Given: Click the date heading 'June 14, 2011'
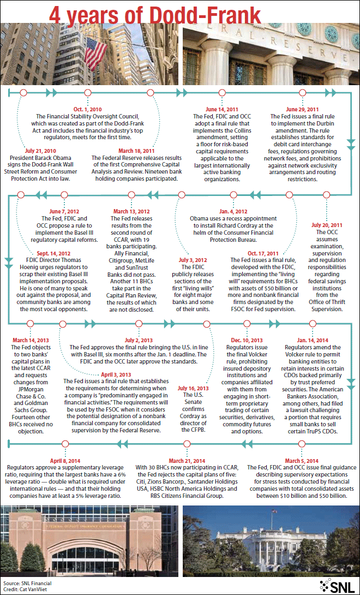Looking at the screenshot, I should click(220, 109).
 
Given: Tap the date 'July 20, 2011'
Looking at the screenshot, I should click(327, 225).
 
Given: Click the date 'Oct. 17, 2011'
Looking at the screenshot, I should click(263, 253).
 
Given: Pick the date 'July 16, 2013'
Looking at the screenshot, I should click(195, 388).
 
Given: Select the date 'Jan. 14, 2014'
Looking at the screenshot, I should click(312, 340).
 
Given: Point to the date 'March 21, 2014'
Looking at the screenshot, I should click(187, 460).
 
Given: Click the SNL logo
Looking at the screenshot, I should click(338, 585).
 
